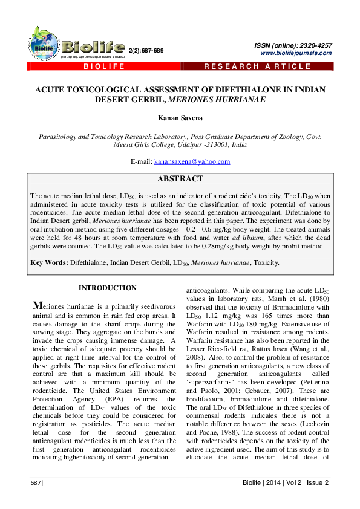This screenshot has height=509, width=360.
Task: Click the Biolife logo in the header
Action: pos(73,46)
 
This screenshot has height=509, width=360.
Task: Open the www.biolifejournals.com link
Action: pos(296,53)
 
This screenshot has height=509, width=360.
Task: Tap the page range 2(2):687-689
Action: pos(146,50)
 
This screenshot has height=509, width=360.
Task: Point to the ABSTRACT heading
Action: pos(180,179)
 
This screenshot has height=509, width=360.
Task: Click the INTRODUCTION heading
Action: pos(108,288)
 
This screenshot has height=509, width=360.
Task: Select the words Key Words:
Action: pos(49,263)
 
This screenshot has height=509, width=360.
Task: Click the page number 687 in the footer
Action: pos(36,482)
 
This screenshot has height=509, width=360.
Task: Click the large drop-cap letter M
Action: pos(38,305)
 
